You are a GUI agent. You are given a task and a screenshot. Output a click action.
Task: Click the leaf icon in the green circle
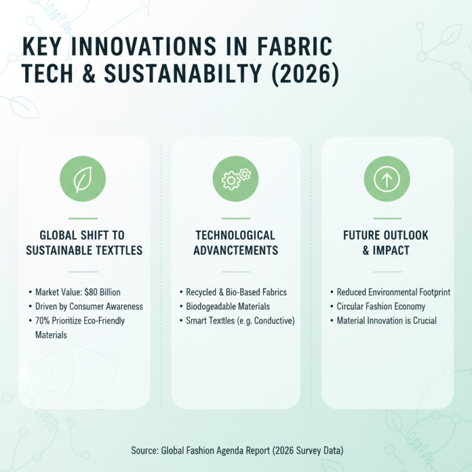coord(83,179)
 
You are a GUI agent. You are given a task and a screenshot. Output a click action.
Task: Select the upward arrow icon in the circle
coord(387,179)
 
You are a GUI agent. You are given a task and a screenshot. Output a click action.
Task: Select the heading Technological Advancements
coord(235,242)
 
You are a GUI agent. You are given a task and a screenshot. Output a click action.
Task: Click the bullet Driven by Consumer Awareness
coord(89,306)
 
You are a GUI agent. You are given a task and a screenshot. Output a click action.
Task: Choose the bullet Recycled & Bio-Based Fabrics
coord(236,292)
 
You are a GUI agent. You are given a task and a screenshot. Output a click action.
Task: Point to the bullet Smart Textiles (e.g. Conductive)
coord(240,320)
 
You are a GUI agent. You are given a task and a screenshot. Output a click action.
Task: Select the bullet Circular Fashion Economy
coord(381,306)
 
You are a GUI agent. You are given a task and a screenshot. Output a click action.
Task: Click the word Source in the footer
coord(144,451)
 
